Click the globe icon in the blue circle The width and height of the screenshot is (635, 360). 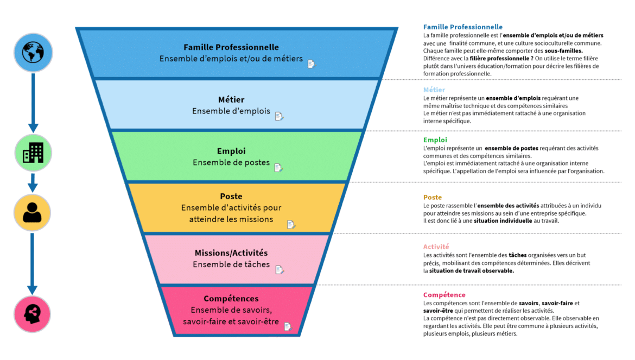pyautogui.click(x=33, y=53)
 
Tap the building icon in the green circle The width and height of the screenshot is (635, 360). pyautogui.click(x=33, y=153)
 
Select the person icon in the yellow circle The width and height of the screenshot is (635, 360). pyautogui.click(x=33, y=212)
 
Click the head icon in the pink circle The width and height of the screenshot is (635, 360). pyautogui.click(x=33, y=314)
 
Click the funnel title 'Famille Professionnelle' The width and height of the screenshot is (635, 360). pyautogui.click(x=231, y=47)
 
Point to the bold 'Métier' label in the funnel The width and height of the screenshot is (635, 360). pyautogui.click(x=231, y=99)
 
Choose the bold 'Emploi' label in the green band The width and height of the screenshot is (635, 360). pyautogui.click(x=231, y=151)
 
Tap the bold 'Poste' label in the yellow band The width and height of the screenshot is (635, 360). pyautogui.click(x=231, y=196)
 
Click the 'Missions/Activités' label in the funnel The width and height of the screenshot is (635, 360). pyautogui.click(x=231, y=252)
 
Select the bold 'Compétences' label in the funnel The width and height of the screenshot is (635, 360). pyautogui.click(x=231, y=299)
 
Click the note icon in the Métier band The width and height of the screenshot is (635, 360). pyautogui.click(x=279, y=116)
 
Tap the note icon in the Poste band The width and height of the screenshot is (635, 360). pyautogui.click(x=291, y=224)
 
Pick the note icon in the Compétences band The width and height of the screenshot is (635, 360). pyautogui.click(x=288, y=326)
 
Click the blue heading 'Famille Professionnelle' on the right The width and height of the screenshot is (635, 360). pyautogui.click(x=462, y=27)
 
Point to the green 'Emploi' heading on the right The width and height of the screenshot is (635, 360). pyautogui.click(x=435, y=140)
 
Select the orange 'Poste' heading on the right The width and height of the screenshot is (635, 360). pyautogui.click(x=433, y=197)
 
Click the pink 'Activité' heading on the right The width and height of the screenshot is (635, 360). pyautogui.click(x=436, y=247)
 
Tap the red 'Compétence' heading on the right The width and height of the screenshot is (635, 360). pyautogui.click(x=444, y=295)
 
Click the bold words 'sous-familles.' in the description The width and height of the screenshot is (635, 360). pyautogui.click(x=563, y=50)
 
